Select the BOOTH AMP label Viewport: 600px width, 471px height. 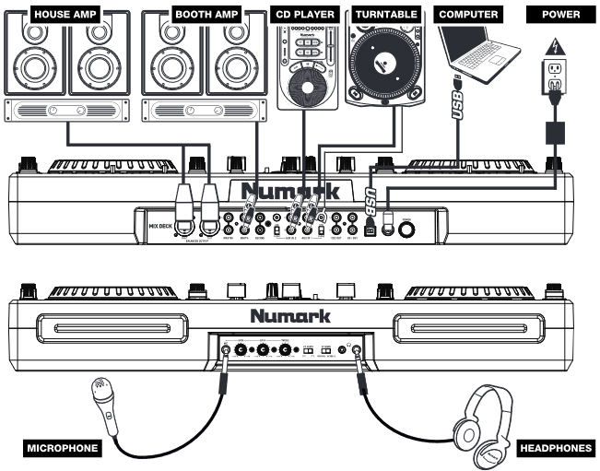pyautogui.click(x=206, y=14)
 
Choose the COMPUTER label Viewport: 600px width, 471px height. pyautogui.click(x=469, y=14)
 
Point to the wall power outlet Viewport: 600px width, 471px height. pyautogui.click(x=555, y=79)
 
